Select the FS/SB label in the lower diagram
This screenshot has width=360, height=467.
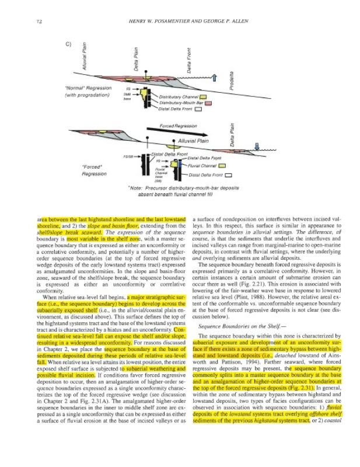128,156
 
